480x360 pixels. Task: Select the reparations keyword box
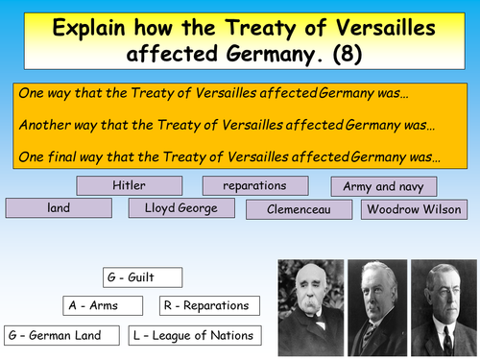(x=255, y=185)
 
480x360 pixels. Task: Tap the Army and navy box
(x=383, y=187)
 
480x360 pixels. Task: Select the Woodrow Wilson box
(x=414, y=208)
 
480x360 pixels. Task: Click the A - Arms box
(x=103, y=305)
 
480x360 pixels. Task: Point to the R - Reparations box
(x=205, y=305)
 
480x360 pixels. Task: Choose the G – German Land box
(x=62, y=335)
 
